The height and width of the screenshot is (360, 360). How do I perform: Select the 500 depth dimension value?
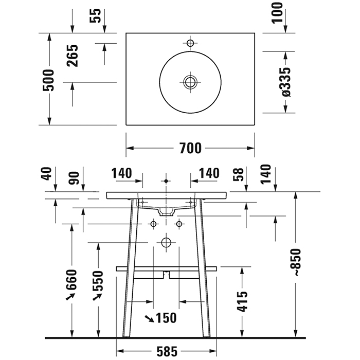pos(49,80)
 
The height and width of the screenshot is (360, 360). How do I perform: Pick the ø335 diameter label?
pos(286,82)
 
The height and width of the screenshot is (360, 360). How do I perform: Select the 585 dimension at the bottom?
pos(167,352)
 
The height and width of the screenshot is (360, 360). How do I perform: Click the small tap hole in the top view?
pos(190,43)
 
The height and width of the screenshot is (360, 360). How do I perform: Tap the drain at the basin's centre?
pos(190,81)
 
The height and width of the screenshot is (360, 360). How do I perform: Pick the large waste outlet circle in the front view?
pos(166,242)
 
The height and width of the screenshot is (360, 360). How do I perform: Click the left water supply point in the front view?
pos(153,224)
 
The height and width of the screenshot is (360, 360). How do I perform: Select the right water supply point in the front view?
pos(179,224)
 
